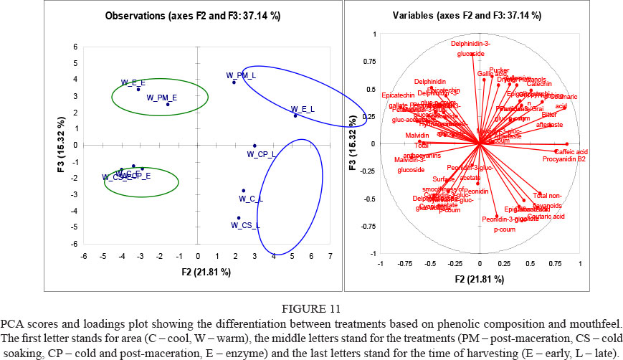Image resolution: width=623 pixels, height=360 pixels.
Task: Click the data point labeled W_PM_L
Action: pyautogui.click(x=234, y=82)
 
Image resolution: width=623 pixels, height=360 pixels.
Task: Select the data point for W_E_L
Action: pyautogui.click(x=295, y=115)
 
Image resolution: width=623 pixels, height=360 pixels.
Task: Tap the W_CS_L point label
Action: pyautogui.click(x=245, y=225)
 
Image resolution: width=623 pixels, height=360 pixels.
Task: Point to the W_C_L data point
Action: pyautogui.click(x=244, y=191)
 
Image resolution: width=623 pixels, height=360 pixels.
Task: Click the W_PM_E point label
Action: pyautogui.click(x=162, y=97)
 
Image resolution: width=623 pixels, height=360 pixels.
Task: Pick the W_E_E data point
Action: pyautogui.click(x=138, y=89)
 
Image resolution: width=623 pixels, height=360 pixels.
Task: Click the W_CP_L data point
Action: pyautogui.click(x=255, y=145)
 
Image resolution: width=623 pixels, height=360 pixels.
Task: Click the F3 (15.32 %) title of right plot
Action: pyautogui.click(x=354, y=144)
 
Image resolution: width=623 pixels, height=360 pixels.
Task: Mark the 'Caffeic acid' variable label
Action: pyautogui.click(x=571, y=152)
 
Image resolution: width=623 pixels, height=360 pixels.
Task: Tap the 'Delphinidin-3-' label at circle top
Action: pyautogui.click(x=474, y=44)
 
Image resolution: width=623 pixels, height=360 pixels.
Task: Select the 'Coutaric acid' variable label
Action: pyautogui.click(x=546, y=216)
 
